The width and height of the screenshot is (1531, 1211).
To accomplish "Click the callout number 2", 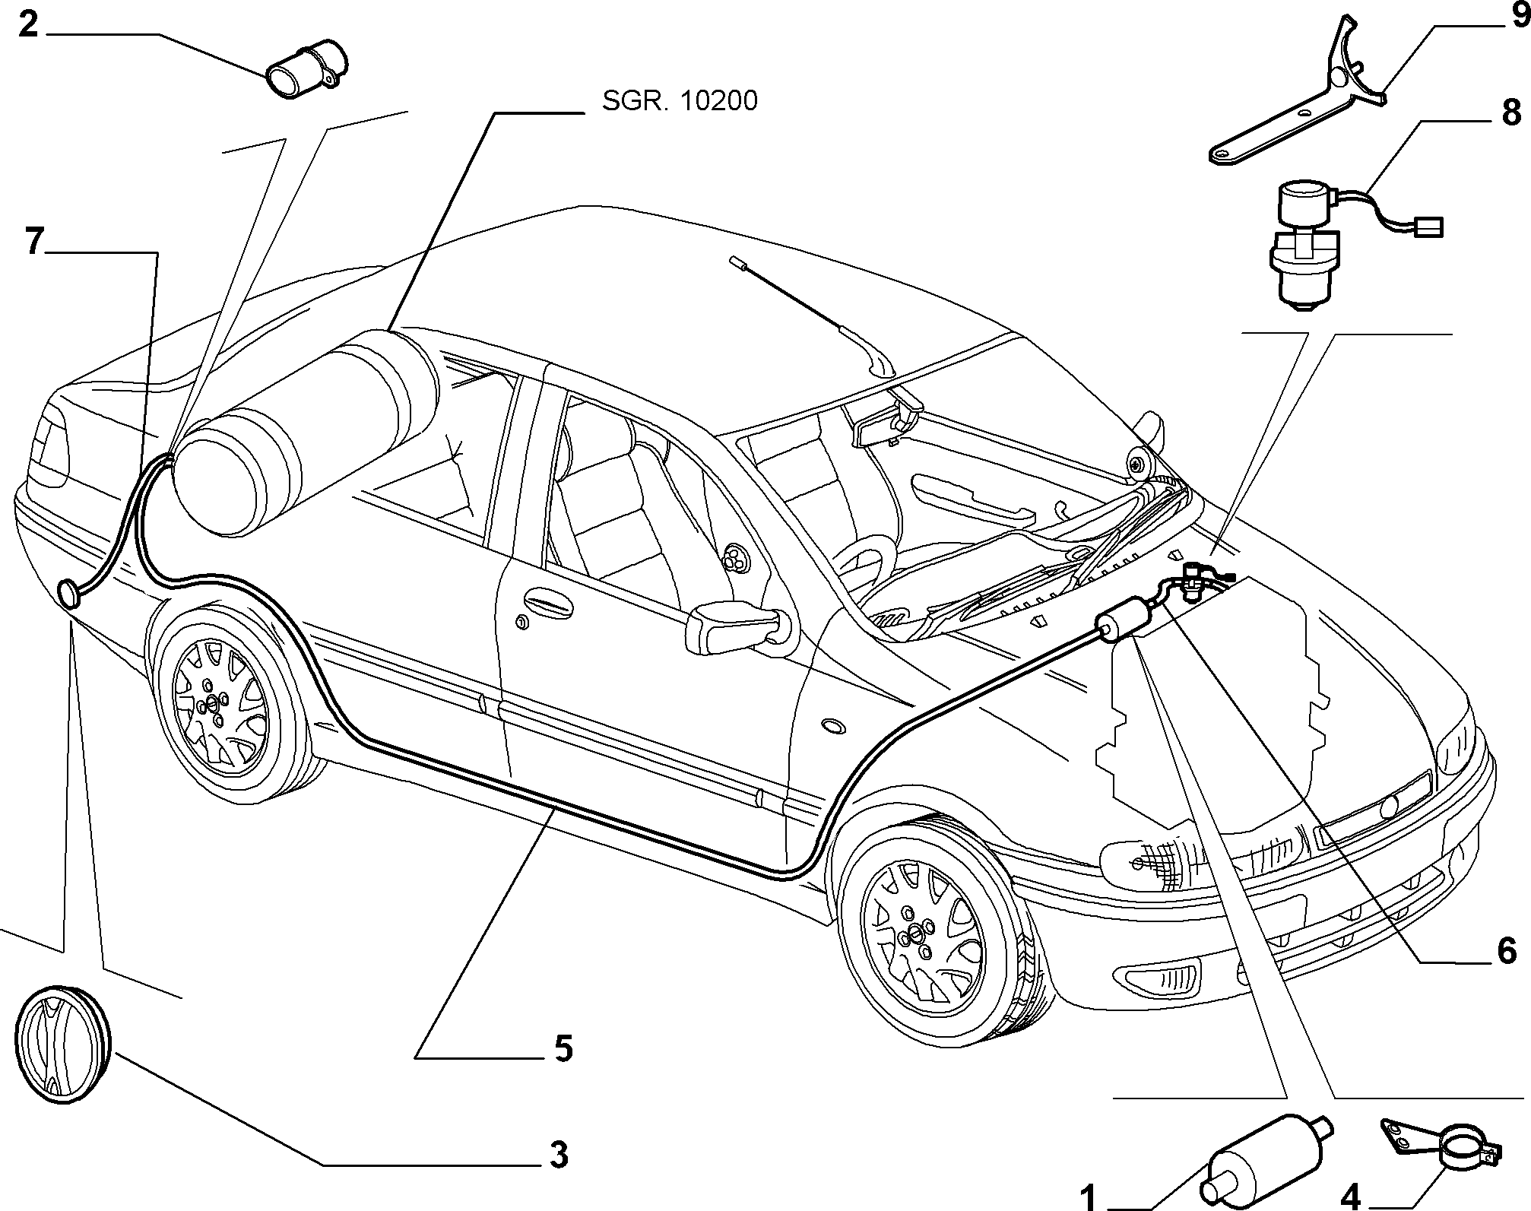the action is [27, 24].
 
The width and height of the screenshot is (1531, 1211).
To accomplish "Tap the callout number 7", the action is [33, 242].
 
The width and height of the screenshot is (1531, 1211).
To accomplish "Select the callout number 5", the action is [563, 1048].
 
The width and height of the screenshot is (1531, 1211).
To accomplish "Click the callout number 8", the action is [1510, 113].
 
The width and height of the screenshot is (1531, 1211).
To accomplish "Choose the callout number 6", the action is [1507, 951].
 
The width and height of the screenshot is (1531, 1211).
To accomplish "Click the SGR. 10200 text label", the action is [680, 101].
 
